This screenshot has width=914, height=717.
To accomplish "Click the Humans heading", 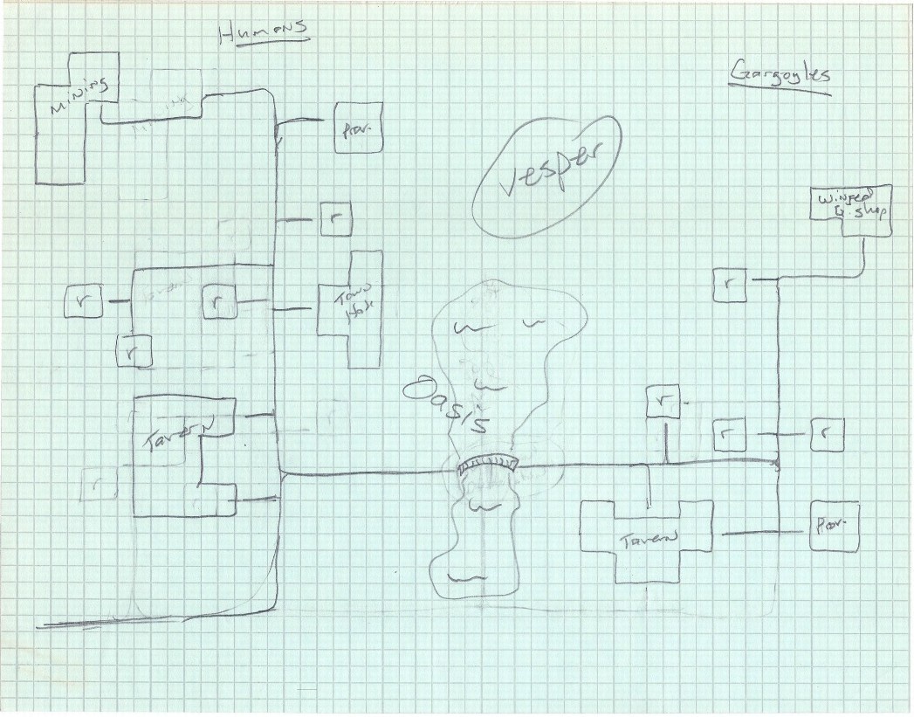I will (x=264, y=30).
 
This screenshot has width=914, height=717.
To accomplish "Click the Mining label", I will (x=79, y=95).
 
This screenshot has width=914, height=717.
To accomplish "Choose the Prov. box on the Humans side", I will (x=357, y=129).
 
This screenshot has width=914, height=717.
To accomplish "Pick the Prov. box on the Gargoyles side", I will (x=834, y=526).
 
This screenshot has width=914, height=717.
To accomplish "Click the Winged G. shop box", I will (x=851, y=210).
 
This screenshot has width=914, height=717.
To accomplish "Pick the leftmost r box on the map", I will (x=84, y=302).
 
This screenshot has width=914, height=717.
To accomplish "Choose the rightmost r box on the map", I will (x=827, y=434).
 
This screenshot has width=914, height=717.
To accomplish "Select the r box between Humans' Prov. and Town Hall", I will (x=336, y=218).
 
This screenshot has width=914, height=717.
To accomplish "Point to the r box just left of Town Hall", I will (x=218, y=302).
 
